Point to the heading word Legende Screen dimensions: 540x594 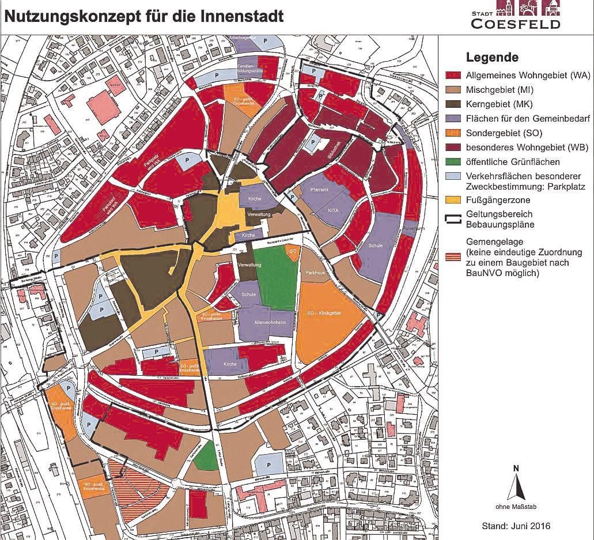(x=492, y=58)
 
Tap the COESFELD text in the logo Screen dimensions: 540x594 (x=515, y=24)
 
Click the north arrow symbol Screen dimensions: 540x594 (x=516, y=482)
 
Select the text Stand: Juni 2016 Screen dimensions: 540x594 (x=516, y=526)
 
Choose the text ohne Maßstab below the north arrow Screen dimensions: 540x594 (x=516, y=507)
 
